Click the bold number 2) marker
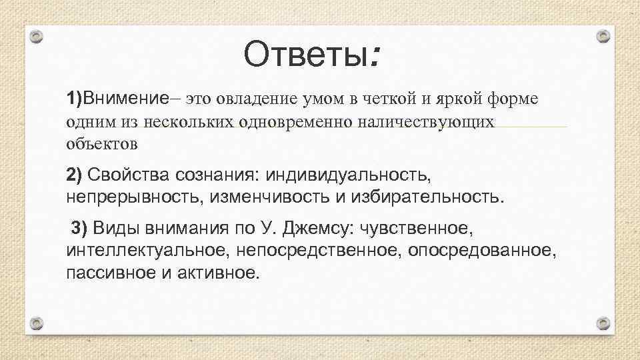pyautogui.click(x=74, y=175)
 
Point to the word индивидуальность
pyautogui.click(x=347, y=175)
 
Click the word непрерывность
pyautogui.click(x=136, y=197)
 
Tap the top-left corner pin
pyautogui.click(x=37, y=37)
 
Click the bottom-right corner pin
pyautogui.click(x=603, y=323)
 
